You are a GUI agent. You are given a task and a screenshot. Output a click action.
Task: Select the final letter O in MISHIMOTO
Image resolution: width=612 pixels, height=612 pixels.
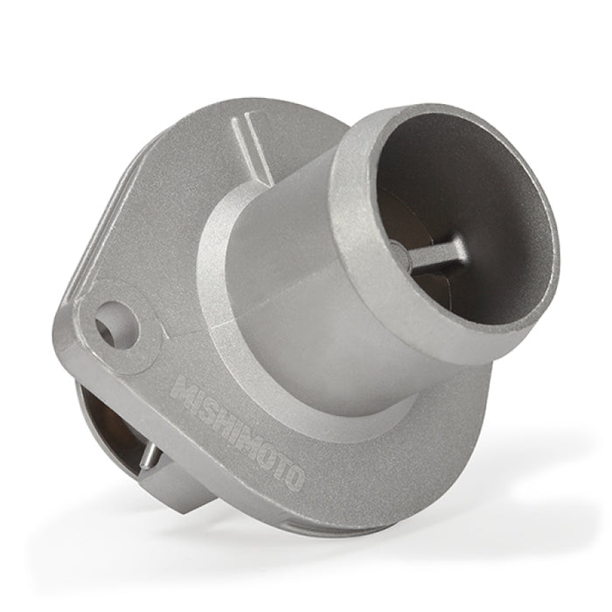coord(293,476)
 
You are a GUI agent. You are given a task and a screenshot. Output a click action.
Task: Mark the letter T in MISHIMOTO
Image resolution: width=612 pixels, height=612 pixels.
coord(282,464)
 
